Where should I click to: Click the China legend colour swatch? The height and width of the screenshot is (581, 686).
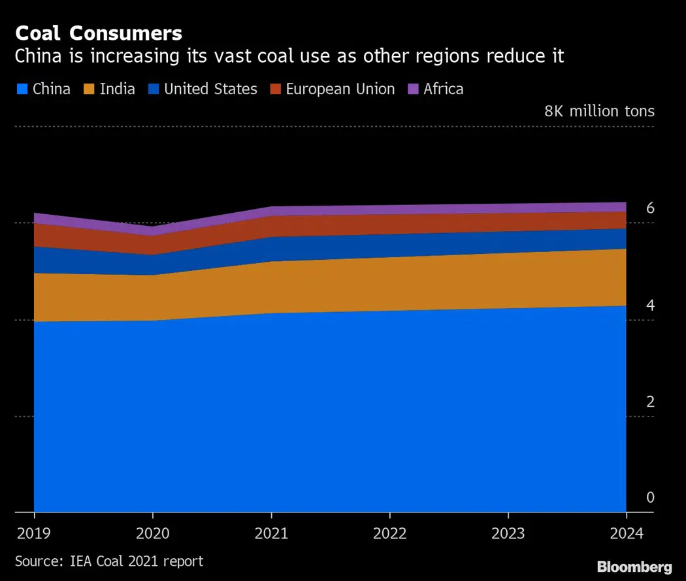22,89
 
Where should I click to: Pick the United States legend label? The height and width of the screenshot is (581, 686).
210,89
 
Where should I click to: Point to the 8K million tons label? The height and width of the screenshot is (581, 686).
599,111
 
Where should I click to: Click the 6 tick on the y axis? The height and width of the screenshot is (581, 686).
632,208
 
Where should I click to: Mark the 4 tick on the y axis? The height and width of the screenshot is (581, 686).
632,305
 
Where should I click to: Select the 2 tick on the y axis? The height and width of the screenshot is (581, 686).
632,401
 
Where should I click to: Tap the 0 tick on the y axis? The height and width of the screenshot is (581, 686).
632,497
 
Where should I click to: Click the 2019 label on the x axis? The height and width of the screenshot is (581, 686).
33,533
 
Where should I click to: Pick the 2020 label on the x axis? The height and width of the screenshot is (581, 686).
152,533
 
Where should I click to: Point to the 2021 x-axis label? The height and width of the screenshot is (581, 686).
271,533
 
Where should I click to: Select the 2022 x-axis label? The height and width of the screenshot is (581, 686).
389,533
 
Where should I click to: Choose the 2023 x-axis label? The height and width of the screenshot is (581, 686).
508,533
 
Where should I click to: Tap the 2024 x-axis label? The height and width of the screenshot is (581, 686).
626,533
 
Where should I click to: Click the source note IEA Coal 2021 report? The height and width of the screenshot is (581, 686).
109,561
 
